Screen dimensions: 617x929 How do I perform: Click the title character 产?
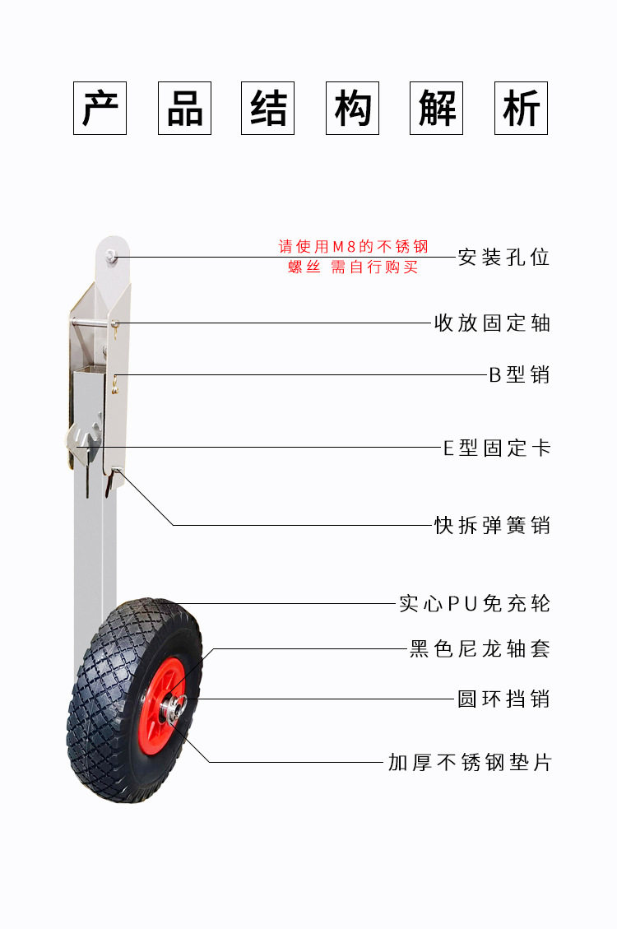click(100, 108)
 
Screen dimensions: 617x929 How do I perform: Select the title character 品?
click(184, 108)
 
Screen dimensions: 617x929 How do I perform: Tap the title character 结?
click(268, 108)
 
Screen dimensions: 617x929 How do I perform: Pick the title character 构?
click(353, 108)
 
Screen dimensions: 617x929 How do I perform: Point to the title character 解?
click(437, 108)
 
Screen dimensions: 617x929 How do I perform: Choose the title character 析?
click(522, 108)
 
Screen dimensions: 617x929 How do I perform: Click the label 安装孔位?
click(503, 258)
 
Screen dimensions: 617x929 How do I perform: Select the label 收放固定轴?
click(492, 323)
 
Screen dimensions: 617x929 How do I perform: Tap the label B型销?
click(519, 375)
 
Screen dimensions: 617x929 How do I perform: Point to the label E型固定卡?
click(497, 448)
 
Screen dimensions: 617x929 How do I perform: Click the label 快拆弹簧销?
click(492, 525)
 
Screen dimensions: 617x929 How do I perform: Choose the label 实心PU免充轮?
click(474, 604)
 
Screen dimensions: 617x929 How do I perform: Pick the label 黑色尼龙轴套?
click(480, 649)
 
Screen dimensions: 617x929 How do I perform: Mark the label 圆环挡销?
click(503, 699)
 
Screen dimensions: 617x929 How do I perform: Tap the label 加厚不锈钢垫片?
click(469, 763)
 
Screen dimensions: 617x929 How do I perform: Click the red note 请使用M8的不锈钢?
click(353, 246)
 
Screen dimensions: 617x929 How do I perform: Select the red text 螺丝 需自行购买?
click(353, 267)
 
